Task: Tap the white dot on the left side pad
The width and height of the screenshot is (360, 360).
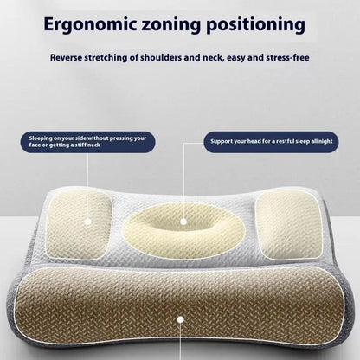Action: (x=87, y=221)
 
